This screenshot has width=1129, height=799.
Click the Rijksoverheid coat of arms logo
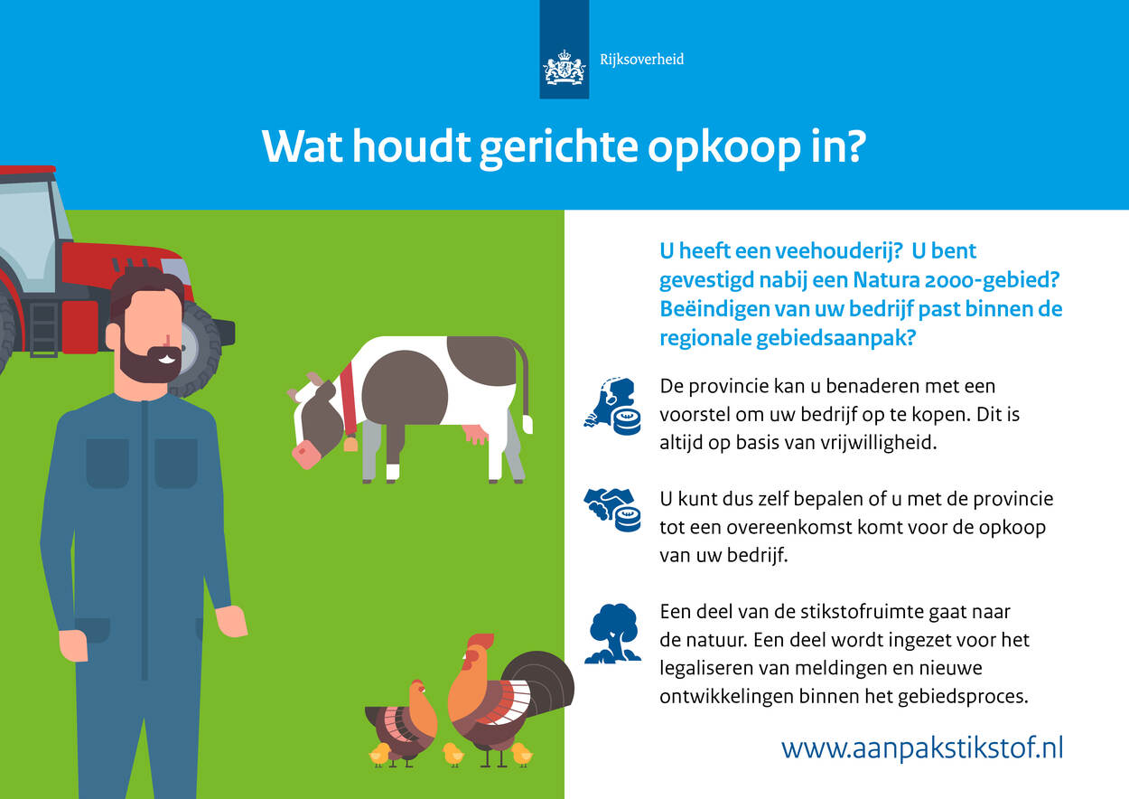tap(564, 67)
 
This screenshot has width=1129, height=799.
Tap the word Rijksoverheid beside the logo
tap(641, 60)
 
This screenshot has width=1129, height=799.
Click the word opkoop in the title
tap(724, 148)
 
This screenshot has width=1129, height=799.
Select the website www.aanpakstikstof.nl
tap(922, 747)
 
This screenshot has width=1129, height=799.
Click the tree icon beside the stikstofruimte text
tap(613, 634)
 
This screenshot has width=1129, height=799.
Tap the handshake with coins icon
tap(612, 510)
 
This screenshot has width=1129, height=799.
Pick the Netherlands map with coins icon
tap(613, 406)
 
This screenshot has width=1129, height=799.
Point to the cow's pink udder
tap(474, 433)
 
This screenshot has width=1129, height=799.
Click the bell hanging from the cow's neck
tap(350, 444)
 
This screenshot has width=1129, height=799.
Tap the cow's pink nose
tap(306, 454)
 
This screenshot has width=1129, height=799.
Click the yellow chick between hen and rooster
tap(453, 754)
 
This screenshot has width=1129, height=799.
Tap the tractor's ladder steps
tap(44, 330)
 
